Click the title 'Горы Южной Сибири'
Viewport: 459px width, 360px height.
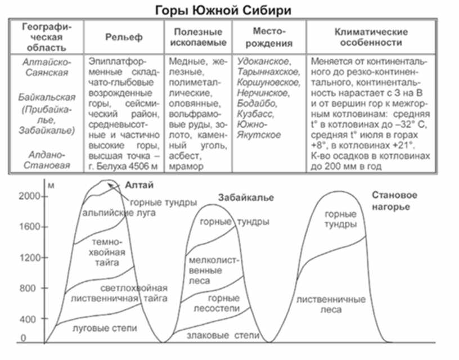[223, 11]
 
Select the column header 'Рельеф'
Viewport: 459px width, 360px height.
[124, 37]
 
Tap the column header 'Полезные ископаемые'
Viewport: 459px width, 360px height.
[198, 37]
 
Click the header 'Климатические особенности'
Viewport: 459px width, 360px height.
[371, 37]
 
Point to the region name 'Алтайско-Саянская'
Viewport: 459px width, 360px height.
[47, 67]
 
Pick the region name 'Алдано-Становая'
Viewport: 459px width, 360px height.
[47, 160]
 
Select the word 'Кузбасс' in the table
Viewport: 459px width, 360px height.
[255, 114]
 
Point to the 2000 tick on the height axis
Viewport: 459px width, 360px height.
[44, 196]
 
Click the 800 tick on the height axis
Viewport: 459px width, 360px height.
[44, 289]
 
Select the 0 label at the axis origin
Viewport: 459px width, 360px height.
[23, 338]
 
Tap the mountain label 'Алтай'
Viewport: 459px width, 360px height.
[139, 185]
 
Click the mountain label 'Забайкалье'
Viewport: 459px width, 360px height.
[246, 197]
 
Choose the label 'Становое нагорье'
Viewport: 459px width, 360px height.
[394, 201]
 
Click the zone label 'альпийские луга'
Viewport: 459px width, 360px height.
[119, 213]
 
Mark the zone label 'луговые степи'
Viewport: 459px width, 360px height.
[105, 328]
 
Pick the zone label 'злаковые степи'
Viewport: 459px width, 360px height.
[223, 335]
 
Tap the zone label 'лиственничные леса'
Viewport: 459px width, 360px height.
[331, 305]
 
